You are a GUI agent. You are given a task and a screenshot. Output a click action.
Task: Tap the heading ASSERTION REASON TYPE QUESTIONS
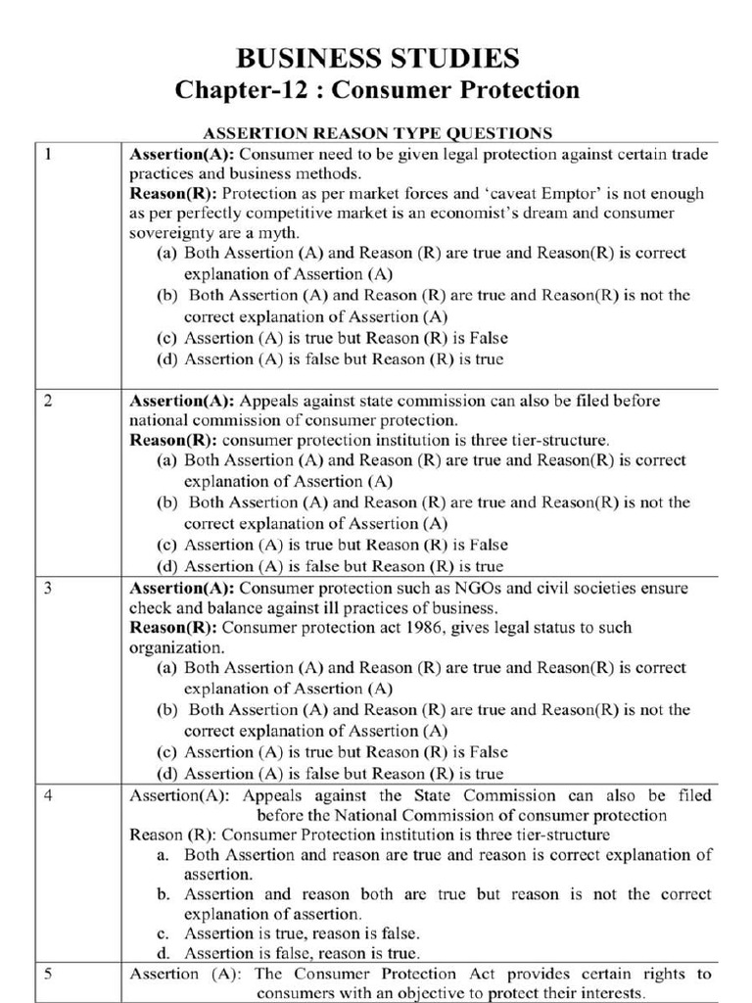tap(376, 132)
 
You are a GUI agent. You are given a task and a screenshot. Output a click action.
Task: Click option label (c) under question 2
tap(168, 545)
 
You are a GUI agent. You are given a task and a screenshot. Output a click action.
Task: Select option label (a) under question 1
tap(168, 253)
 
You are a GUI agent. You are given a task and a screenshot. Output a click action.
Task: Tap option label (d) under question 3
tap(168, 774)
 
